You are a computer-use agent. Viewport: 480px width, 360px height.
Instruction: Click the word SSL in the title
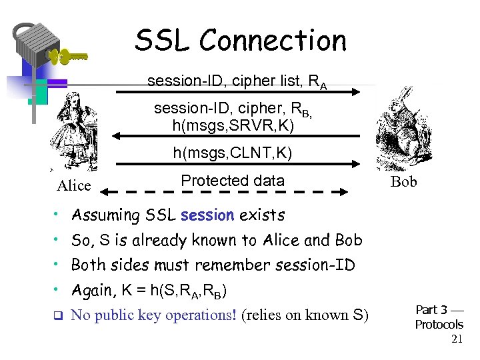pos(163,41)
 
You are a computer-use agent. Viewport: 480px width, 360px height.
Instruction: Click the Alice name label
pos(73,186)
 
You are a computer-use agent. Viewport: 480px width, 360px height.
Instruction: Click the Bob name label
pos(403,182)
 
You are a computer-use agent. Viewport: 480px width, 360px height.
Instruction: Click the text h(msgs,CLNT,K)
pos(233,153)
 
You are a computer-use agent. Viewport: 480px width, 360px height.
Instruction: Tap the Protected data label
pos(233,181)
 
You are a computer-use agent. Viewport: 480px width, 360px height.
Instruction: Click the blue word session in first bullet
pos(207,215)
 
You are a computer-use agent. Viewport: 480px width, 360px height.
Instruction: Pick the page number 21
pos(457,339)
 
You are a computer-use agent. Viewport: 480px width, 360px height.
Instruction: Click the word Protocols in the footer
pos(439,325)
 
